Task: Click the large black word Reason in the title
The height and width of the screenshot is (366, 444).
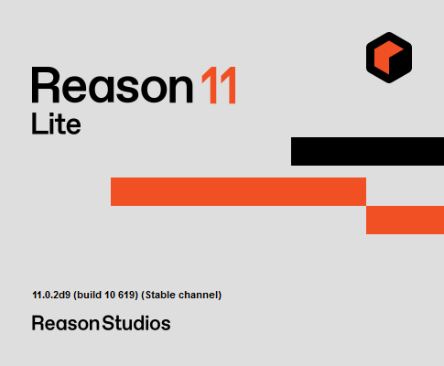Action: coord(113,85)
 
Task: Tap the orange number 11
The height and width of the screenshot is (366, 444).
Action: coord(219,85)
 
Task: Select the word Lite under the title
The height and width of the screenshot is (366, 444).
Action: coord(56,124)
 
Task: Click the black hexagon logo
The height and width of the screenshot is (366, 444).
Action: coord(389,58)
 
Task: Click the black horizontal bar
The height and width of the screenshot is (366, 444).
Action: coord(367,151)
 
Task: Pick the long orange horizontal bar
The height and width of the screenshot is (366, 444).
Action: coord(238,191)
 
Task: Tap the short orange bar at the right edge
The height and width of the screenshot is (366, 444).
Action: coord(405,220)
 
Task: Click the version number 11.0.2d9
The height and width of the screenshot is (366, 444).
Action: coord(51,295)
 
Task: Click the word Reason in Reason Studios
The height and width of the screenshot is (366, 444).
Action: coord(65,323)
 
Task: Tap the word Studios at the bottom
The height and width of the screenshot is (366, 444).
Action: coord(136,323)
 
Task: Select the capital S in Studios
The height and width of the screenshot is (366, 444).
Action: coord(108,323)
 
